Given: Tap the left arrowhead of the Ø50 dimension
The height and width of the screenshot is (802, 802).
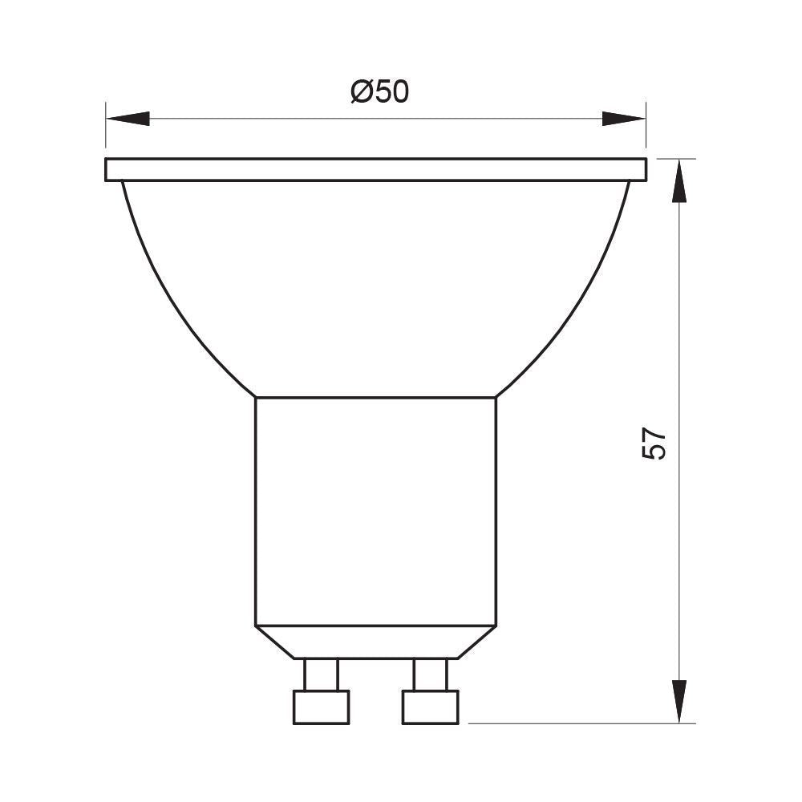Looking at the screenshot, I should click(x=128, y=119).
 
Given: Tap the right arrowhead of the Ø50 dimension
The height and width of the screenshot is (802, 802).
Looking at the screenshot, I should click(x=623, y=119).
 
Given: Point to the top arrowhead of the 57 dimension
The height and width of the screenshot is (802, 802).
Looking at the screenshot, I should click(x=680, y=180).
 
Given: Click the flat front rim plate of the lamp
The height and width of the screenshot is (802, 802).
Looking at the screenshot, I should click(x=375, y=169).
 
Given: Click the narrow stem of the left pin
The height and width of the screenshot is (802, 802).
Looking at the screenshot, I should click(x=321, y=674).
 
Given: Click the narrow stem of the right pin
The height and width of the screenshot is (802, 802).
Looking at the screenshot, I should click(x=429, y=674).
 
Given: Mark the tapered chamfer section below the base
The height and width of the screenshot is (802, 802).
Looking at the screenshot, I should click(x=375, y=642).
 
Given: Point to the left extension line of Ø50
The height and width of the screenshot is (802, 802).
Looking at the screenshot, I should click(x=105, y=128).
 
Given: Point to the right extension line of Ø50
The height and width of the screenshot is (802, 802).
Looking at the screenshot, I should click(x=646, y=128).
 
